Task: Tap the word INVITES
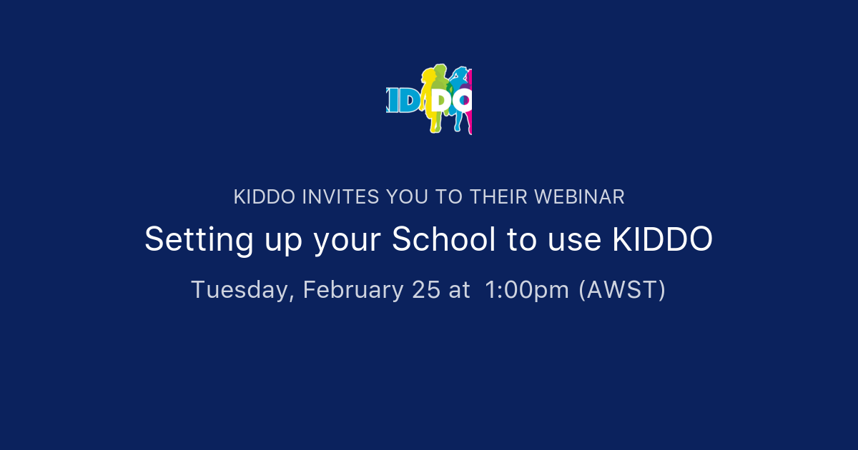point(340,197)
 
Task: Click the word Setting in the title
point(188,239)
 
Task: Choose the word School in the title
point(443,239)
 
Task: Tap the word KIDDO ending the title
point(662,239)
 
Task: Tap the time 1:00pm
point(527,290)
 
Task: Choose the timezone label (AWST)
point(622,290)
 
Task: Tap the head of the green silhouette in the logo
point(440,71)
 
